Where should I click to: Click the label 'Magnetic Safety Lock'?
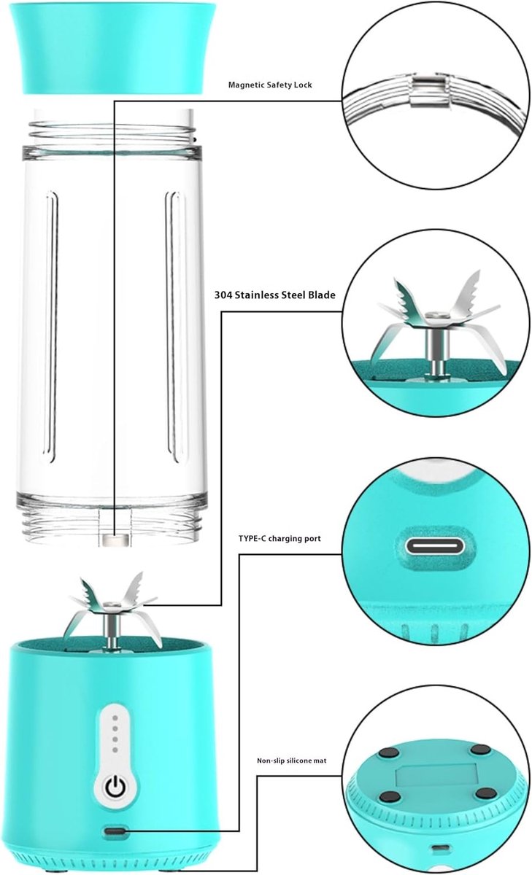[x=270, y=85]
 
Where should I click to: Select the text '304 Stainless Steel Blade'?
[x=274, y=295]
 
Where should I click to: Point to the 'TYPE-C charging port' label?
[x=280, y=538]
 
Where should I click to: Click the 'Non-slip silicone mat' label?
[x=292, y=761]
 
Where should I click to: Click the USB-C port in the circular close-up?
[x=435, y=545]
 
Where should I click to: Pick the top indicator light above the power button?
[x=115, y=718]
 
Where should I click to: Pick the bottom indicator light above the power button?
[x=115, y=750]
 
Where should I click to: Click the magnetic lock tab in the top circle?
[x=428, y=90]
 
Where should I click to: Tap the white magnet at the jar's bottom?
[x=115, y=540]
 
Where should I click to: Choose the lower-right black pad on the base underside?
[x=485, y=793]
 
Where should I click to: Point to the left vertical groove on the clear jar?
[x=51, y=327]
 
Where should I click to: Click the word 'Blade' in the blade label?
[x=322, y=295]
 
